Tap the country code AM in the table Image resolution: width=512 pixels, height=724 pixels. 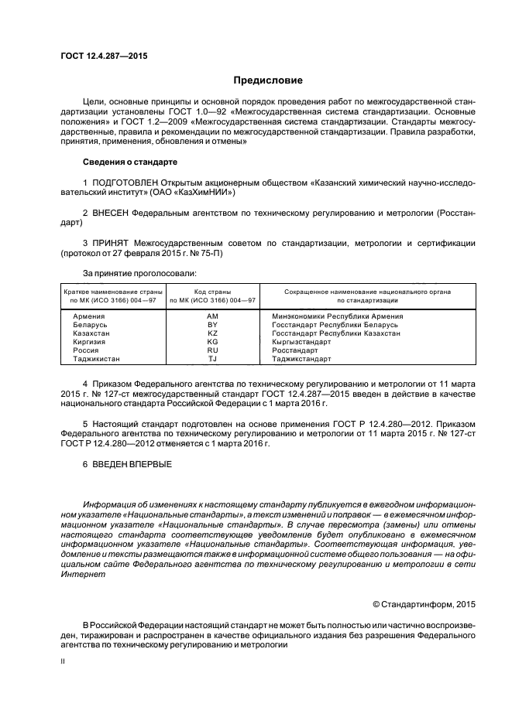click(213, 316)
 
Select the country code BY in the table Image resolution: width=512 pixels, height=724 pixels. click(213, 325)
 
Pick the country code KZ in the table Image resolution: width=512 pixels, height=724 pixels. click(213, 333)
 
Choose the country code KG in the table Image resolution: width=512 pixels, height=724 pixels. click(213, 342)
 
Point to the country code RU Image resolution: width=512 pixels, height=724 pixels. click(213, 350)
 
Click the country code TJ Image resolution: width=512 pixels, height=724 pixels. click(213, 359)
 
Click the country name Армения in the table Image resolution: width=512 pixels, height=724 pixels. click(89, 316)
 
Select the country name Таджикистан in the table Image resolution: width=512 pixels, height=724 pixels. click(97, 359)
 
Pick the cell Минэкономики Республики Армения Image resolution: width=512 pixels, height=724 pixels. click(337, 316)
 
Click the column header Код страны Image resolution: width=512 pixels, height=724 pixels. click(212, 291)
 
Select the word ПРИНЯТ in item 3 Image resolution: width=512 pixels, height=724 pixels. click(112, 244)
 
